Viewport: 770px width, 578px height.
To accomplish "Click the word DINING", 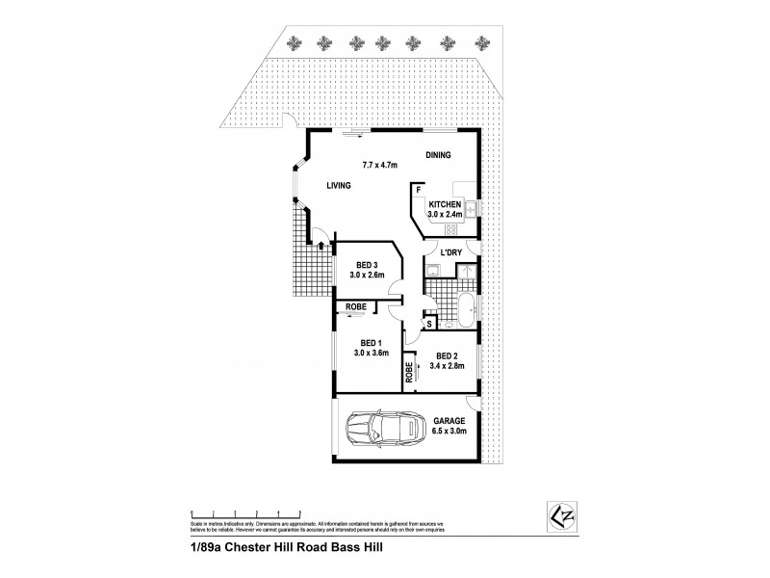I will pos(439,154).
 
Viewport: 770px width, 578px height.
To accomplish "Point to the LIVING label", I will pos(337,186).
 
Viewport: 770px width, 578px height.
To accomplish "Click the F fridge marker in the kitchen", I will pos(419,190).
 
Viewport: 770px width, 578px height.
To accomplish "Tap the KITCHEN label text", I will pos(446,204).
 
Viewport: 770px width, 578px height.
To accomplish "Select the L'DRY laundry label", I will pos(451,252).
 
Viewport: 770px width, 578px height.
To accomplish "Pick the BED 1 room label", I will pos(371,343).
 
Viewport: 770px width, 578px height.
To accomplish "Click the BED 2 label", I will pos(444,354).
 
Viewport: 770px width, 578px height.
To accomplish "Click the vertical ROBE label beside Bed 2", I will pos(410,374).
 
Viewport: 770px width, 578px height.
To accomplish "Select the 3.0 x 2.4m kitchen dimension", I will pos(446,215).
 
